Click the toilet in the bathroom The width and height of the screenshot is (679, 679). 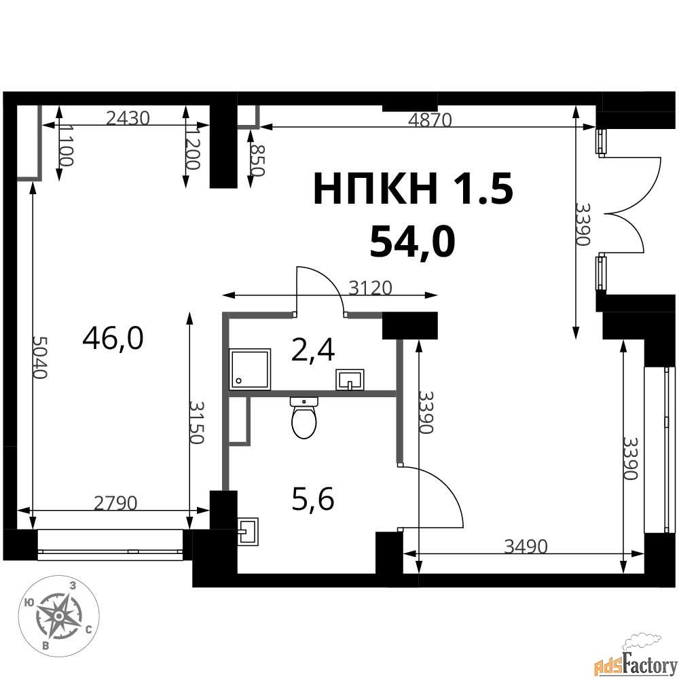tap(304, 418)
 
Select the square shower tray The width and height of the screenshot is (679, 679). tap(251, 369)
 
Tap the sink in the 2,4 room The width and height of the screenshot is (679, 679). tap(350, 380)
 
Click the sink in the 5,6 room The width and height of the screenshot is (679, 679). tap(248, 532)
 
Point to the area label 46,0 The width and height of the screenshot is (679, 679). tap(113, 338)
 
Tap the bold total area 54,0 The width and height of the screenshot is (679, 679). tap(412, 242)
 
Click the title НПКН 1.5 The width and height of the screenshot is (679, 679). tap(413, 189)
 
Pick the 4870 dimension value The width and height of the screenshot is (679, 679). tap(430, 120)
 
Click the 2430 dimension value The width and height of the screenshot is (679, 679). tap(128, 117)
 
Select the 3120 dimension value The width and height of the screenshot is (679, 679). tap(370, 287)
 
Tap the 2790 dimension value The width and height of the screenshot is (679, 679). tap(115, 502)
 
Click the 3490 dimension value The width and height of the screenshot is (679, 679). tap(526, 547)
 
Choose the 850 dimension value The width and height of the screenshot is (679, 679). tap(257, 160)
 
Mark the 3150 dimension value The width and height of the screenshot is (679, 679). tap(196, 422)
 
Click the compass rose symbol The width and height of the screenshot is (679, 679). tap(59, 615)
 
